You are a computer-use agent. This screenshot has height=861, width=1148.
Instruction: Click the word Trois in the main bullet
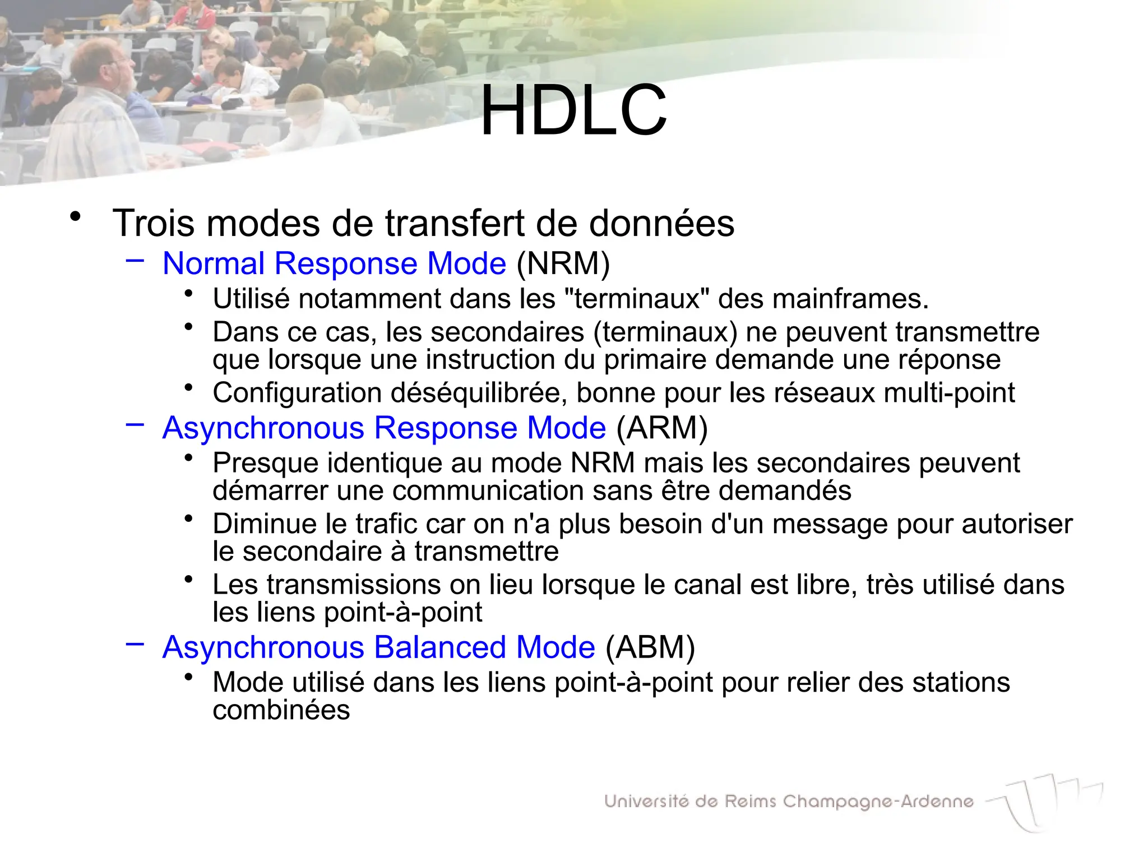pos(154,224)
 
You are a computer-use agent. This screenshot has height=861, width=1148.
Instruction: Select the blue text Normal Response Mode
pos(334,263)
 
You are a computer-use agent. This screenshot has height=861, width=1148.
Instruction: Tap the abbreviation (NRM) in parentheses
pos(563,263)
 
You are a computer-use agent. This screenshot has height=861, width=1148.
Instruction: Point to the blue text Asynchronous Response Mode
pos(384,428)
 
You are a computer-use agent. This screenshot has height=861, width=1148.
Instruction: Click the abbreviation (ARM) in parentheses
pos(662,428)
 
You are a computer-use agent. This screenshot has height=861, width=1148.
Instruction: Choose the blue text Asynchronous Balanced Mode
pos(378,647)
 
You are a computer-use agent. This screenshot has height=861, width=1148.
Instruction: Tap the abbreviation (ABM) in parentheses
pos(650,647)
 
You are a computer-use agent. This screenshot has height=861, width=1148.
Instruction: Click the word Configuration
pos(297,393)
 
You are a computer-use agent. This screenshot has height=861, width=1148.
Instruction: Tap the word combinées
pos(281,710)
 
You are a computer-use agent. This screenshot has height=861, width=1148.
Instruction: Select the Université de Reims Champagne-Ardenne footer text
pos(789,802)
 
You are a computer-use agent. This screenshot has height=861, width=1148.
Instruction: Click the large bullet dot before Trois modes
pos(75,216)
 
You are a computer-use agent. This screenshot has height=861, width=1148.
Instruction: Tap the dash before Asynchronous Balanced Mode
pos(135,644)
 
